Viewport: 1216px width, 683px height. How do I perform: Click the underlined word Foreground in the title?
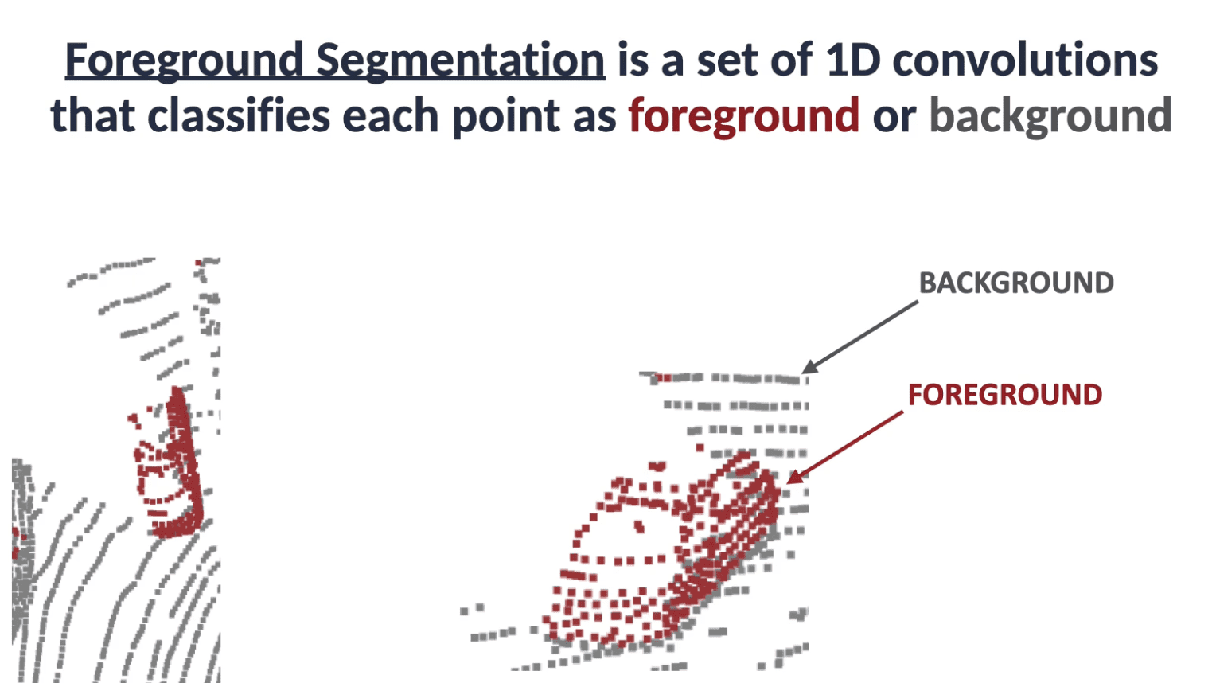point(184,60)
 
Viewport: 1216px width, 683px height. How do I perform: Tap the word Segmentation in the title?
point(460,60)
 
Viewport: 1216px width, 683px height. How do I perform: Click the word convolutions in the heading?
point(1026,59)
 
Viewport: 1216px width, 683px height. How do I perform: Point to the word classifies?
point(239,115)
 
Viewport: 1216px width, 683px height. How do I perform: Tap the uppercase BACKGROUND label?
point(1016,283)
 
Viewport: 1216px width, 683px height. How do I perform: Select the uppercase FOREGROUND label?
point(1005,395)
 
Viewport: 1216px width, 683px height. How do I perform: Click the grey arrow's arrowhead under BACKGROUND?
point(809,368)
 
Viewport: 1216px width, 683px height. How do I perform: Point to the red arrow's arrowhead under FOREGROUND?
point(793,477)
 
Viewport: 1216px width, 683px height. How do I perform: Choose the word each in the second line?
point(391,115)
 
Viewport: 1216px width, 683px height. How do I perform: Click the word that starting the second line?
point(93,115)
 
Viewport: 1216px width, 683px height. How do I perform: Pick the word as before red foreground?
point(594,120)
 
